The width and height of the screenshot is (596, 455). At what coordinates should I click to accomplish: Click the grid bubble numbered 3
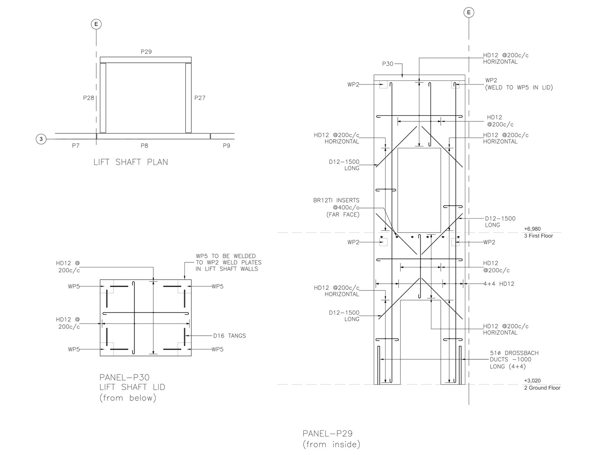pos(41,139)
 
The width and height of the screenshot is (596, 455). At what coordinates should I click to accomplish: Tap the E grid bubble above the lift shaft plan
pos(96,24)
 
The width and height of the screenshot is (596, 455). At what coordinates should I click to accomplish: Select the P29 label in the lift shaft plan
pos(146,52)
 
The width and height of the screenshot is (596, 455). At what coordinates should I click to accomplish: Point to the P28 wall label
pos(89,98)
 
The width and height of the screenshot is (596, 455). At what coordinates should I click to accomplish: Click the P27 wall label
pos(200,98)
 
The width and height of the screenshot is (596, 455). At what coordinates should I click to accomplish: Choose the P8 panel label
pos(144,146)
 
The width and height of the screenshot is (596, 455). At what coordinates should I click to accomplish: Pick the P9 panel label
pos(226,146)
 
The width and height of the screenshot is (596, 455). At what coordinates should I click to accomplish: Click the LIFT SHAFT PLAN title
pos(131,162)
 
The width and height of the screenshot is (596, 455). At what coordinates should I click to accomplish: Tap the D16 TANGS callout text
pos(229,336)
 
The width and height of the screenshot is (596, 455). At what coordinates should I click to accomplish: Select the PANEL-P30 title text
pos(124,377)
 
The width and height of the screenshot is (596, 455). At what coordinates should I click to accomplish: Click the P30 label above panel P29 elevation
pos(388,64)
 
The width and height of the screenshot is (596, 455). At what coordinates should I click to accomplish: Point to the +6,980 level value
pos(532,229)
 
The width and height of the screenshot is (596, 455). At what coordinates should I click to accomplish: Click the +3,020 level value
pos(532,381)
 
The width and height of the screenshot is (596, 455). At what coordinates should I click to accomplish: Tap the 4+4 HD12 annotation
pos(499,284)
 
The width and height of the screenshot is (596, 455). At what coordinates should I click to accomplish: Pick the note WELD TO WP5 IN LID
pos(519,87)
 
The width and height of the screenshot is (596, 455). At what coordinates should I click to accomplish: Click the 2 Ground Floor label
pos(542,388)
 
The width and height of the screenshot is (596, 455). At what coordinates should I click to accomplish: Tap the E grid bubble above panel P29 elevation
pos(469,13)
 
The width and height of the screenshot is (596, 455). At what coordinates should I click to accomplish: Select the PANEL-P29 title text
pos(327,433)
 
